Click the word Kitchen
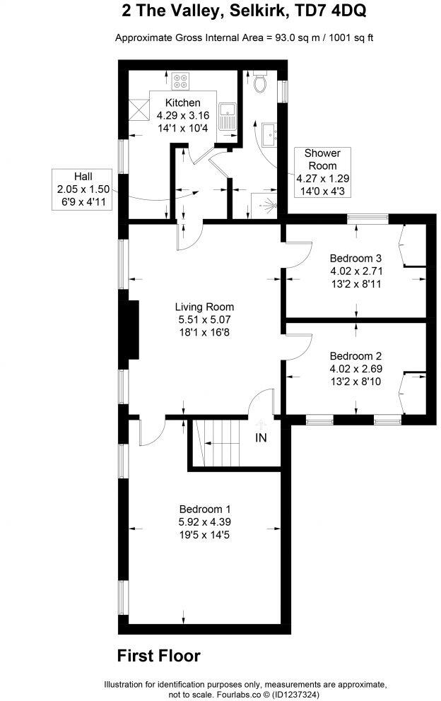(x=183, y=103)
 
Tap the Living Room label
(x=204, y=307)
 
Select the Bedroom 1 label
(x=204, y=509)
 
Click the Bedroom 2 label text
(x=355, y=355)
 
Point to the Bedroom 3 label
(x=355, y=257)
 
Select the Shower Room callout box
(x=322, y=172)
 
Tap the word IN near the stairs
(x=261, y=438)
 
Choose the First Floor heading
(x=158, y=656)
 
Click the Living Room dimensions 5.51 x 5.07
(x=204, y=319)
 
